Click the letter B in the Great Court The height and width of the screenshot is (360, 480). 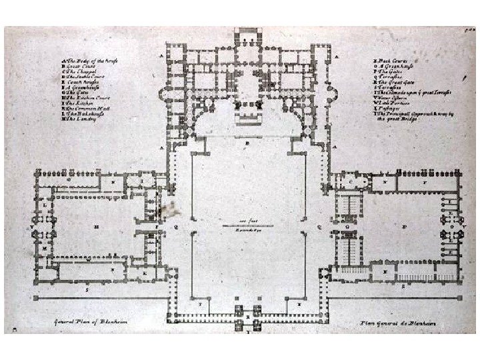(x=247, y=143)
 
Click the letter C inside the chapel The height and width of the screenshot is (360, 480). (x=351, y=181)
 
